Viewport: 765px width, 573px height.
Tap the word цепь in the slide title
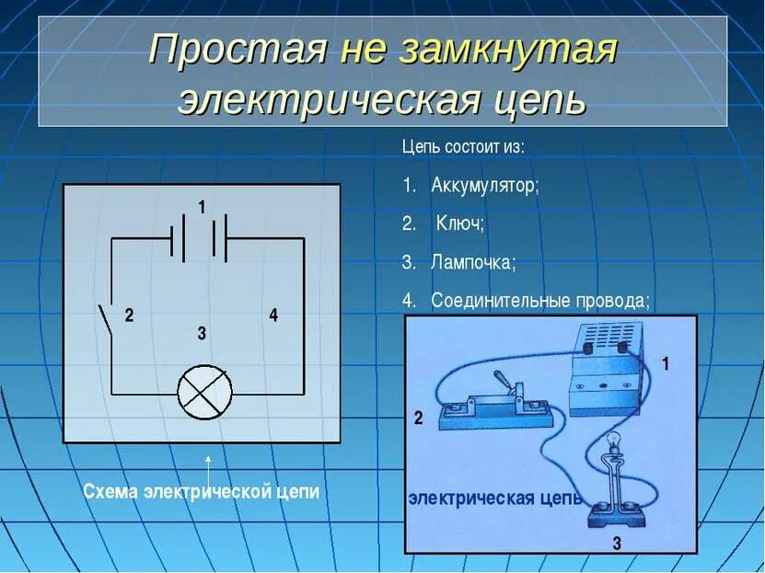(539, 100)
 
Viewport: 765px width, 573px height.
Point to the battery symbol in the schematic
(199, 238)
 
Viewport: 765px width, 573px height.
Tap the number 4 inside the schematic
(273, 315)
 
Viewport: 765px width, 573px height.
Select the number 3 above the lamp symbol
(202, 334)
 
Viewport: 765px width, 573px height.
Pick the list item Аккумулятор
(484, 185)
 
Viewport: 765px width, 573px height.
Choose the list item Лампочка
(473, 262)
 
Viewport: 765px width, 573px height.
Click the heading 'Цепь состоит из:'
(464, 147)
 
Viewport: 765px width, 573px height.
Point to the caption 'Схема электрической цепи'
(202, 491)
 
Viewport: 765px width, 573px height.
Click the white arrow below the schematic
(208, 463)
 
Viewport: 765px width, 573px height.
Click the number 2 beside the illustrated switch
(418, 418)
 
